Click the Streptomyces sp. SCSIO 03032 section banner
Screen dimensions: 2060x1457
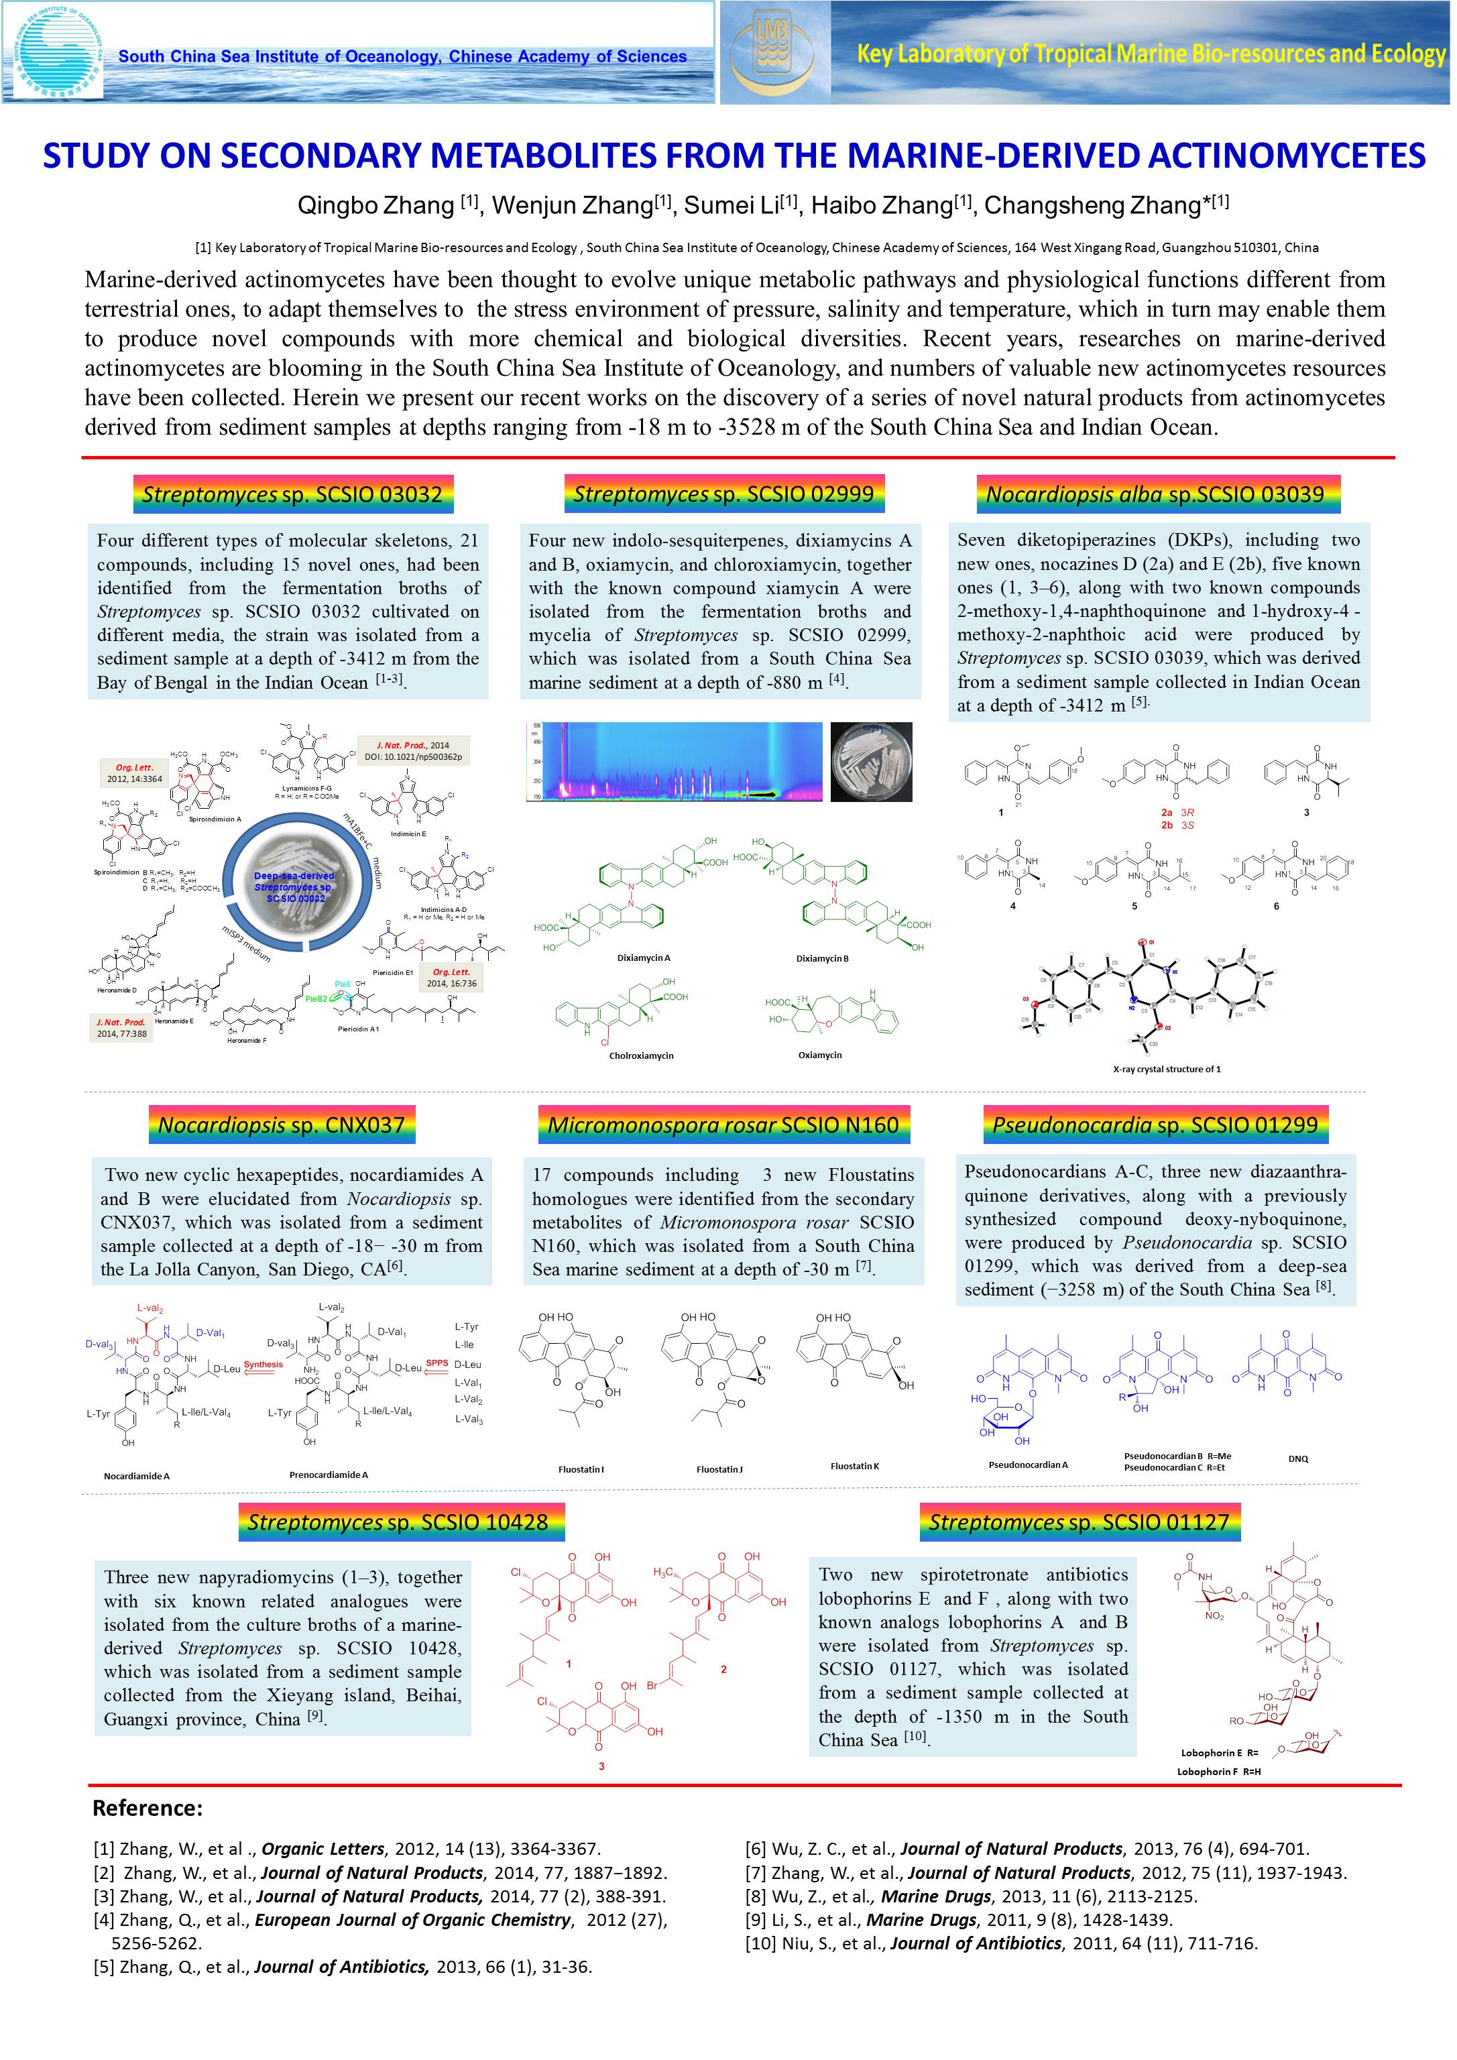point(292,494)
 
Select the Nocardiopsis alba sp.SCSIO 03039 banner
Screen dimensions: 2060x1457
point(1155,494)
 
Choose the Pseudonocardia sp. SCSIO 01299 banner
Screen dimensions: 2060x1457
point(1155,1125)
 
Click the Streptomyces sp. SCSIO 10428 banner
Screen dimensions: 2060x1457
point(398,1523)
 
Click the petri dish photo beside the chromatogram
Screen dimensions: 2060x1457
point(871,762)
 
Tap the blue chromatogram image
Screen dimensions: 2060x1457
point(674,761)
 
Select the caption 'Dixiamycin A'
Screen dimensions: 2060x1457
point(643,958)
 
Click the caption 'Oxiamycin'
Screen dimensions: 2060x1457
point(820,1055)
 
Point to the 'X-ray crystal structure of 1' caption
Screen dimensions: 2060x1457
point(1166,1069)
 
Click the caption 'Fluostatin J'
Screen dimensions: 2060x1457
point(719,1470)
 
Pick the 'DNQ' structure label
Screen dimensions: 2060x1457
point(1297,1459)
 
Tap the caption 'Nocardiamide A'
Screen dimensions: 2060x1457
point(136,1476)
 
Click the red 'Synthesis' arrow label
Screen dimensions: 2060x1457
point(263,1365)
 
